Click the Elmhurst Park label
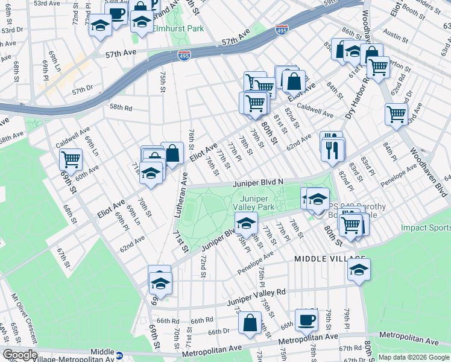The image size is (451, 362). (x=178, y=28)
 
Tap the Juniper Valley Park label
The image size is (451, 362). (x=257, y=202)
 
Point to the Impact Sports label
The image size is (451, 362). (x=426, y=228)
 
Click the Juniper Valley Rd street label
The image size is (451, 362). (x=256, y=296)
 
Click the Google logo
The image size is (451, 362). (x=20, y=355)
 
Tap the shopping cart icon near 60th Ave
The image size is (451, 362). (x=71, y=160)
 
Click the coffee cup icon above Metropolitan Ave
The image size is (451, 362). (x=306, y=319)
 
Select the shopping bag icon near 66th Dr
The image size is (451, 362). (x=250, y=322)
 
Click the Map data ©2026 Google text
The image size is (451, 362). (x=414, y=357)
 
